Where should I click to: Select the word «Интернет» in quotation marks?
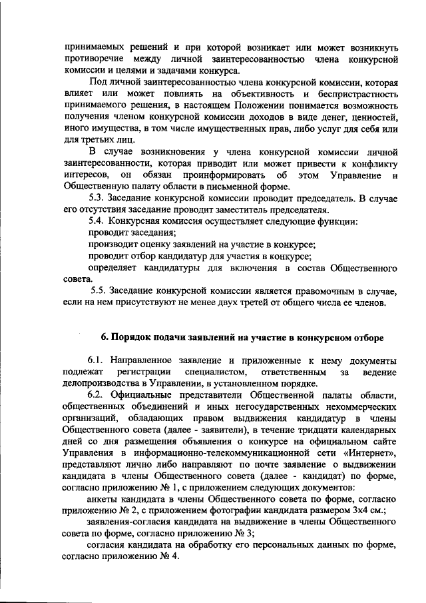(x=376, y=452)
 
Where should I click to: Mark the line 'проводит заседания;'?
(x=132, y=233)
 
